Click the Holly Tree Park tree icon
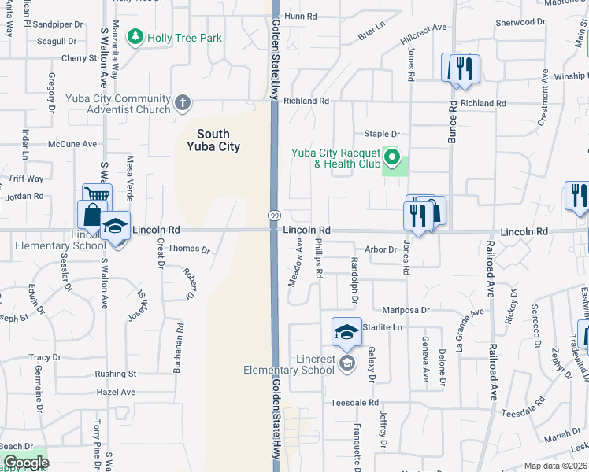coord(136,38)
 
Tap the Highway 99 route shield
coord(274,216)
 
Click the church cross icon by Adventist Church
coord(183,102)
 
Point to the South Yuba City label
coord(213,140)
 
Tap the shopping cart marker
coord(97,196)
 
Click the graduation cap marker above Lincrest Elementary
coord(346,332)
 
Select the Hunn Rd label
coord(300,16)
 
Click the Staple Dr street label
coord(382,135)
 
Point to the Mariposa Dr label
coord(406,311)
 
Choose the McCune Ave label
coord(72,144)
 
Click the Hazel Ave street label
coord(116,392)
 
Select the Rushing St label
coord(116,374)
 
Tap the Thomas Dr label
coord(190,249)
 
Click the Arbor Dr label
coord(381,249)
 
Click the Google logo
coord(25,463)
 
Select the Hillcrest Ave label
coord(423,31)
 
